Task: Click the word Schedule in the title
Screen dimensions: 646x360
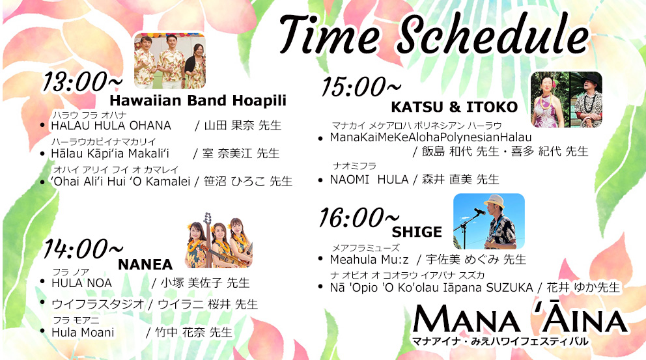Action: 492,35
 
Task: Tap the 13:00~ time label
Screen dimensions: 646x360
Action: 81,81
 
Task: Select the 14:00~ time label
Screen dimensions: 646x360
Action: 83,249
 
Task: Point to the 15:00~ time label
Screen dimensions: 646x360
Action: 361,87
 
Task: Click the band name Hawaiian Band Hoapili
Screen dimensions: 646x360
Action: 198,100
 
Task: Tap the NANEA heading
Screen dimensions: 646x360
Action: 145,264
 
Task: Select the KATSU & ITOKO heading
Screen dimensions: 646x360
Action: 454,107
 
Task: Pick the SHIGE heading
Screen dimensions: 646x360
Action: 417,232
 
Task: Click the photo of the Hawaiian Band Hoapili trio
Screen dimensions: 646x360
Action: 170,61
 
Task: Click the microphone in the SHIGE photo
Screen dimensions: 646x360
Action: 479,212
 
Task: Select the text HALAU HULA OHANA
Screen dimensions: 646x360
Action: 111,125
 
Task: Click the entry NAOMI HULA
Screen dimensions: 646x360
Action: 369,180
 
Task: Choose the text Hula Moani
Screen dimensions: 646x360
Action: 83,333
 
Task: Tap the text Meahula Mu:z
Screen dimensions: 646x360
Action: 369,260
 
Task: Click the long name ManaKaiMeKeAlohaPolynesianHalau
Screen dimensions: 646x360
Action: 430,137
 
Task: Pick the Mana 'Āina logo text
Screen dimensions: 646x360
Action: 520,320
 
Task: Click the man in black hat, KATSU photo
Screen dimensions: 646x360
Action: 586,99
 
